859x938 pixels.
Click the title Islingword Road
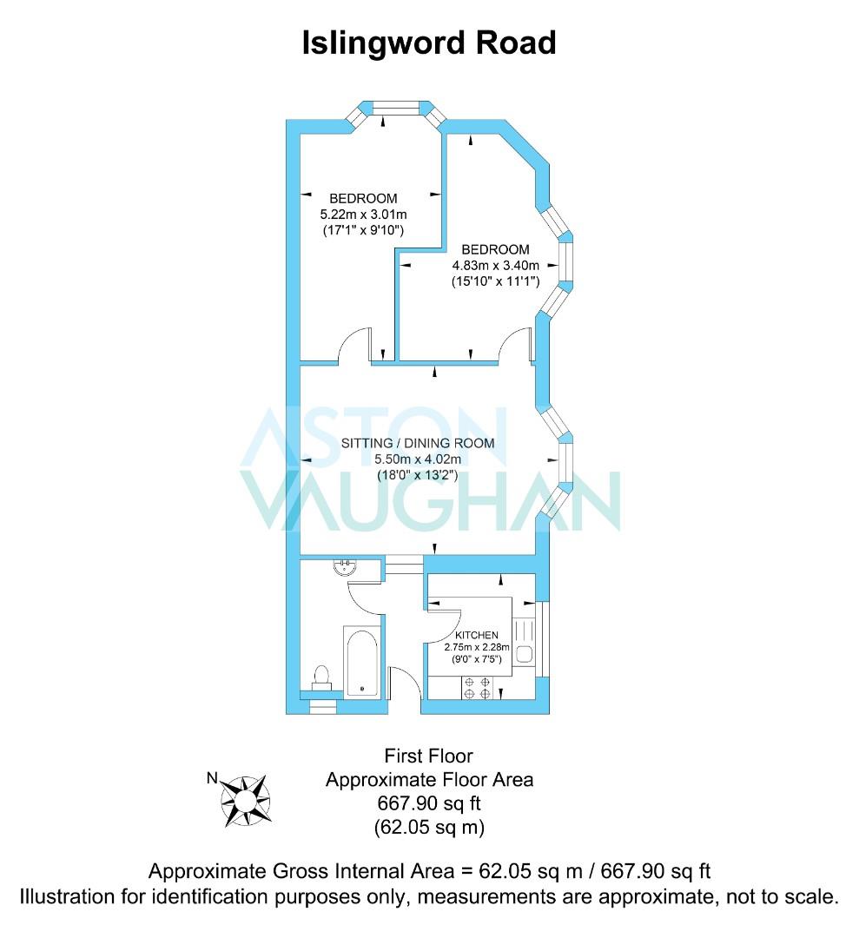coord(429,43)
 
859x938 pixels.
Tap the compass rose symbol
coord(245,801)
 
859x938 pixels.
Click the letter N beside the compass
coord(212,777)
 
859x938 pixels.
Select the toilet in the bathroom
coord(321,677)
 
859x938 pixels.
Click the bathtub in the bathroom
coord(361,661)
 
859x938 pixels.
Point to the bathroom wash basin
coord(345,566)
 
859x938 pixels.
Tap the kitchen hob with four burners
coord(477,687)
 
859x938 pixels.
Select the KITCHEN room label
coord(477,635)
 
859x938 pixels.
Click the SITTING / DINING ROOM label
coord(418,443)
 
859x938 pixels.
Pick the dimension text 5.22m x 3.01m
coord(364,215)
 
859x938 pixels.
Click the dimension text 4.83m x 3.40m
coord(495,266)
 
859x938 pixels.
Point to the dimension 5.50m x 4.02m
coord(418,459)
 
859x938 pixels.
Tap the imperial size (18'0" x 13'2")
coord(418,476)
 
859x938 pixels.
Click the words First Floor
coord(428,756)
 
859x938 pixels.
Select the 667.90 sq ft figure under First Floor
coord(429,803)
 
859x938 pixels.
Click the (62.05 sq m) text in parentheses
coord(429,827)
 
